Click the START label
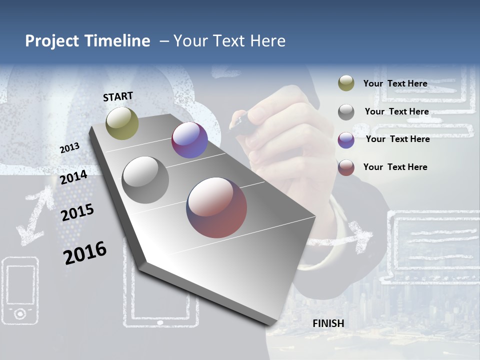point(118,96)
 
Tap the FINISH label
point(328,323)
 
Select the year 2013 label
point(69,148)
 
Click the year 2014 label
point(73,177)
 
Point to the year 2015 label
point(77,212)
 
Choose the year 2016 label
point(85,253)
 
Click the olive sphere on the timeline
point(122,123)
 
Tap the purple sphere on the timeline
point(189,140)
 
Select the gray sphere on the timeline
point(145,180)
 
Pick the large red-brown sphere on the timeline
point(216,207)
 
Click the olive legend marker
point(346,83)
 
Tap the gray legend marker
point(346,111)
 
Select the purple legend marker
point(346,139)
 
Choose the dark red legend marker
point(346,167)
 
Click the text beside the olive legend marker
point(395,83)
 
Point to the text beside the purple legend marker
point(397,139)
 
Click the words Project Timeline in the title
point(87,41)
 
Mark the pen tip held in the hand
point(238,121)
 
